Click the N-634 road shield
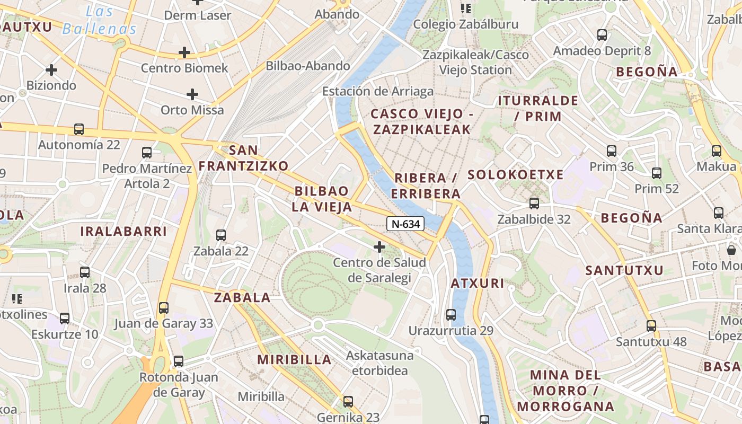coord(405,224)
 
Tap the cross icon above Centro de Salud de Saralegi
coord(379,247)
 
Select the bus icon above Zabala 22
coord(221,235)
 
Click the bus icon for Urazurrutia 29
coord(451,315)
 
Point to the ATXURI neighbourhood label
coord(478,284)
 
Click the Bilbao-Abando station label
coord(308,66)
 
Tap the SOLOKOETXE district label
coord(515,175)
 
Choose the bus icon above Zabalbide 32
coord(534,204)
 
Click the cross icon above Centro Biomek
coord(184,52)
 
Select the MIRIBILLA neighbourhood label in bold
coord(294,360)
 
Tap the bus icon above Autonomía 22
coord(79,129)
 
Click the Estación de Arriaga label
coord(377,92)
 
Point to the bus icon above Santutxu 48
coord(651,326)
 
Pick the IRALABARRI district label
coord(123,232)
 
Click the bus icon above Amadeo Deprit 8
coord(602,36)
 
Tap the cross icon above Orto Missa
coord(192,94)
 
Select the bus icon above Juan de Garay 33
coord(164,308)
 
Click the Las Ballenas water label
coord(99,20)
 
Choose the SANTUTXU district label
coord(624,270)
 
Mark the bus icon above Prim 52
coord(657,173)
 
